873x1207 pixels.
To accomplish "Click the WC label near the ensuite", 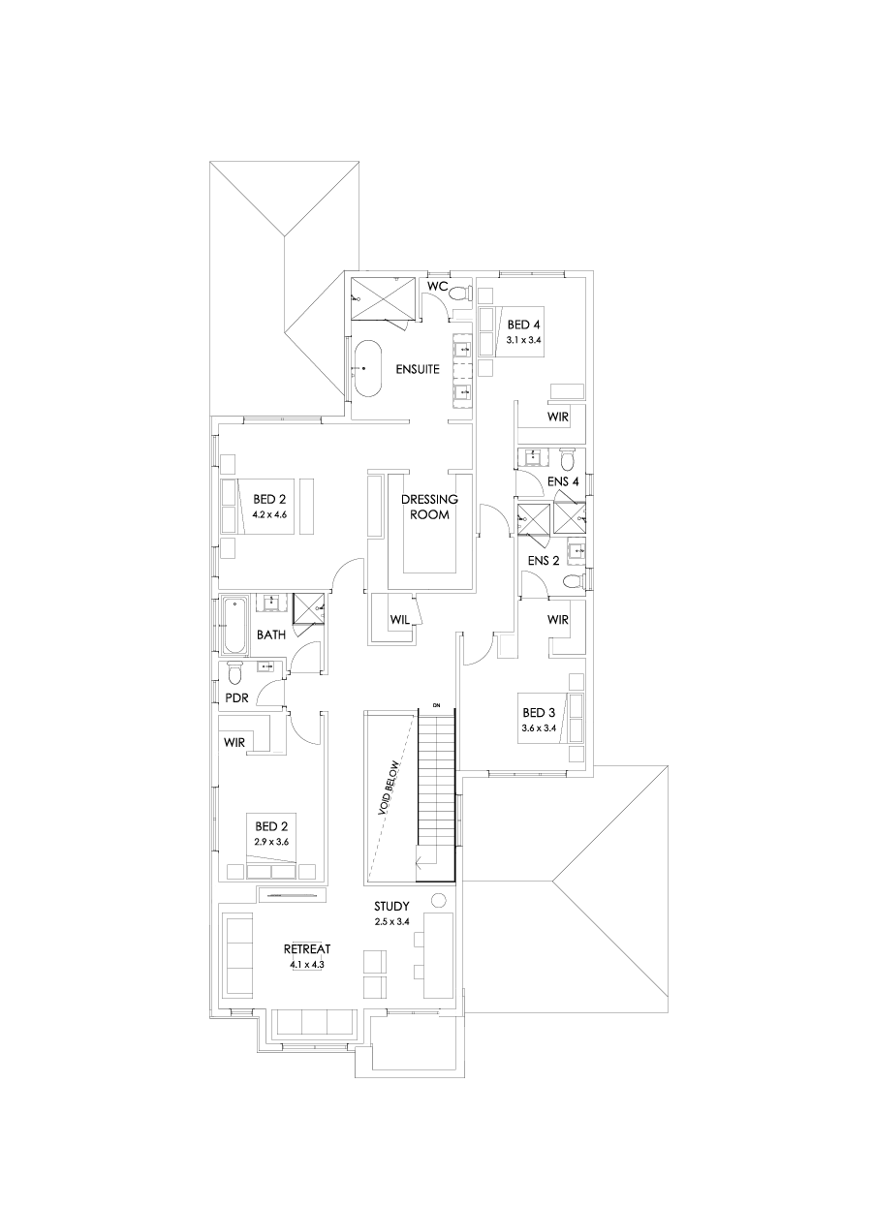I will [436, 286].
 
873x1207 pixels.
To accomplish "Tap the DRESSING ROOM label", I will [429, 507].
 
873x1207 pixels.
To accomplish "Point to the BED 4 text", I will [521, 325].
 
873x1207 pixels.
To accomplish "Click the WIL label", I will [398, 617].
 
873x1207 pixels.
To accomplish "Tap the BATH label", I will [271, 635].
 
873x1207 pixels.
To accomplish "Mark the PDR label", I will [238, 697].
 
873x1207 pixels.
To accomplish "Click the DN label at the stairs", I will [437, 703].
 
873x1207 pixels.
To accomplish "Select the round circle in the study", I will [437, 899].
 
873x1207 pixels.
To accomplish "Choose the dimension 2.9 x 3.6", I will [271, 842].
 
